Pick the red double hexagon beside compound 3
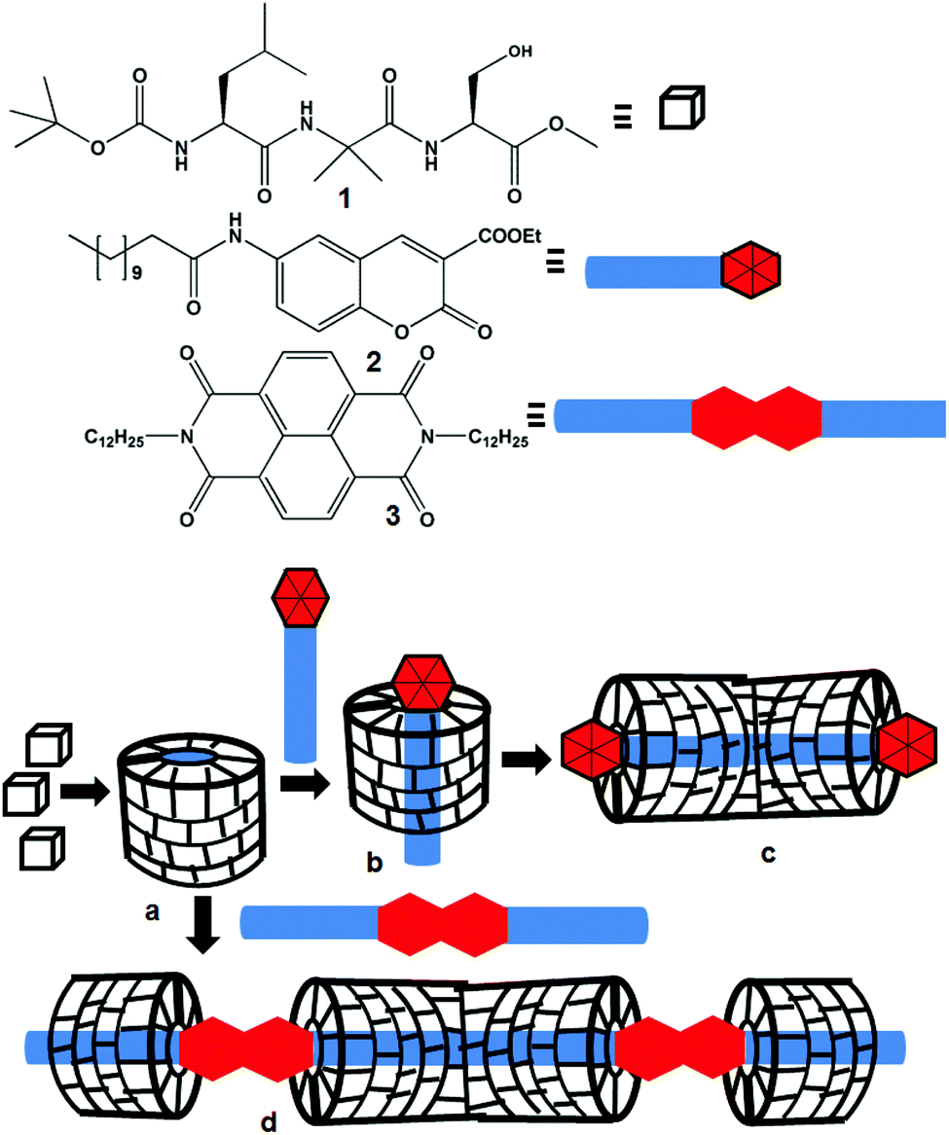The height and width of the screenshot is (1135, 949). point(756,414)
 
